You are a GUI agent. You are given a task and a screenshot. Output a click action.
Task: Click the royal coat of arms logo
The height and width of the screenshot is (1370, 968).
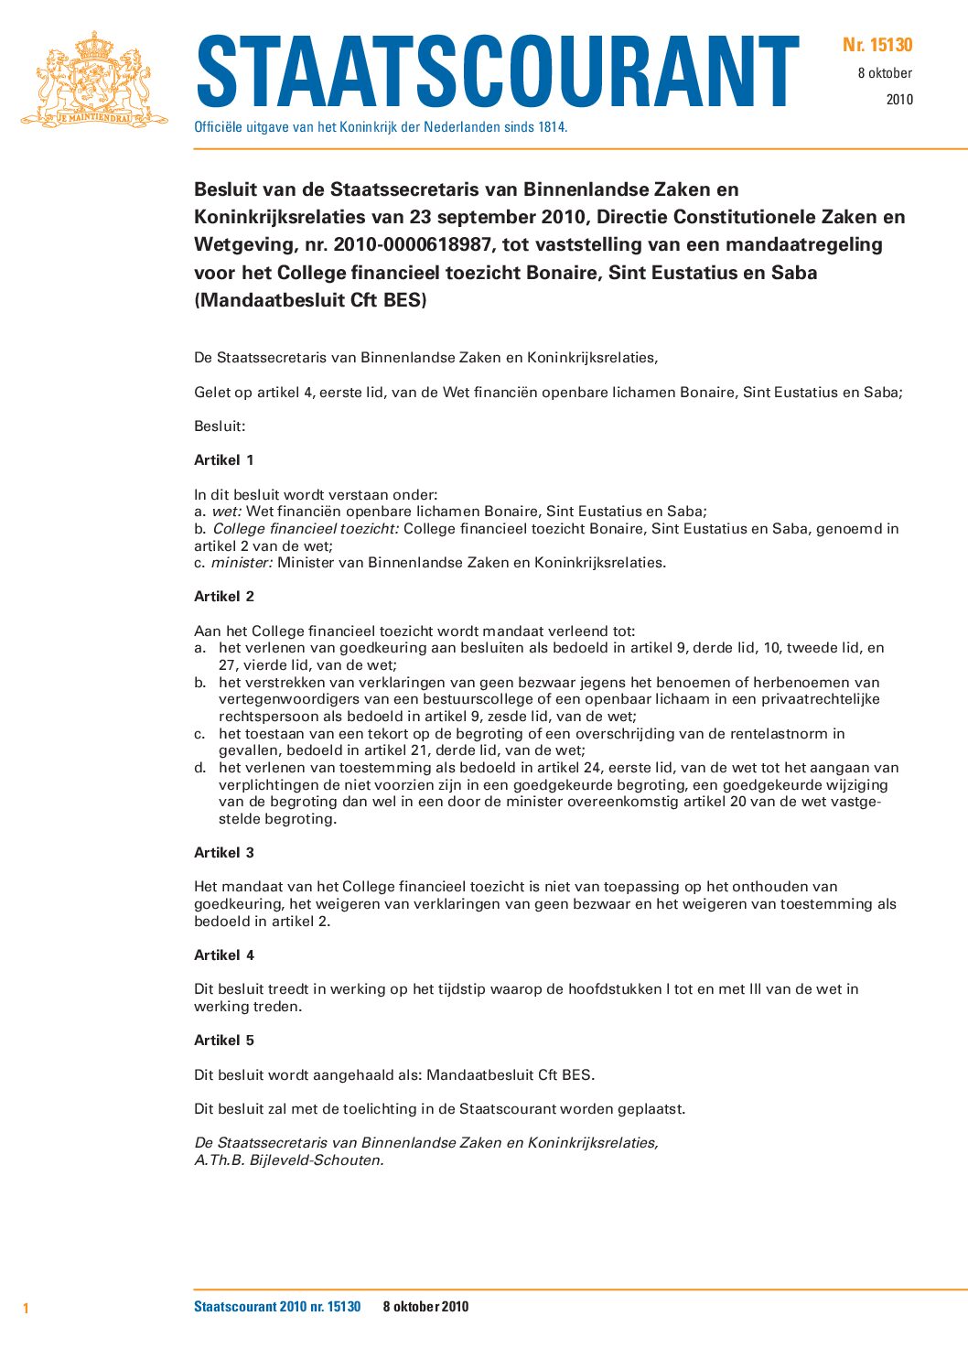coord(94,80)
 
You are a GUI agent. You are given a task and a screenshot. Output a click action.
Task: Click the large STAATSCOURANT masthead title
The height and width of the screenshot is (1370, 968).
coord(498,72)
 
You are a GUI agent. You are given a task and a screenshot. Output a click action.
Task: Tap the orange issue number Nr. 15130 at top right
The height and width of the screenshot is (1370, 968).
coord(877,45)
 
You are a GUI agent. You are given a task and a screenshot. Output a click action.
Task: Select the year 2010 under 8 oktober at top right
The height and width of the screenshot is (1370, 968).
coord(899,100)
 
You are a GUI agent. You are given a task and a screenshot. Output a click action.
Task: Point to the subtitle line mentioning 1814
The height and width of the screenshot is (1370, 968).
coord(381,127)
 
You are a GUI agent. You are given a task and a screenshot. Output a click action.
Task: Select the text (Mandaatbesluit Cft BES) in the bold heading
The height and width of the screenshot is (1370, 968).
coord(310,299)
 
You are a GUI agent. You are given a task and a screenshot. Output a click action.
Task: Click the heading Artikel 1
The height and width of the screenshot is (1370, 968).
coord(224,459)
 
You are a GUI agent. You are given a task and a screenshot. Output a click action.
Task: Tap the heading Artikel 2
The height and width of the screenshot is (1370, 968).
coord(224,596)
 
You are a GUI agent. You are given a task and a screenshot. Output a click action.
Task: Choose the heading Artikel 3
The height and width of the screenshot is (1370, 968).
coord(224,852)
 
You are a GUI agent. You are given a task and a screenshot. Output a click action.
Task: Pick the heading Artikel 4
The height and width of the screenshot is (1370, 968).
coord(224,955)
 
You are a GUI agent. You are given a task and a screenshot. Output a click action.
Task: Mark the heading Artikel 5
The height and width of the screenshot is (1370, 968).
coord(224,1040)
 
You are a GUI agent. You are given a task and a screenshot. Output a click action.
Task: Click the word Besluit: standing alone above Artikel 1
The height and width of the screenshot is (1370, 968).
coord(220,426)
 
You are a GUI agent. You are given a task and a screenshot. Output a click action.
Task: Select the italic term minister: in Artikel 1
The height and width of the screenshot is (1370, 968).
coord(242,563)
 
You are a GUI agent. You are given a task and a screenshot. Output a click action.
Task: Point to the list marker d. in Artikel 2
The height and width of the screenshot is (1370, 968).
coord(200,768)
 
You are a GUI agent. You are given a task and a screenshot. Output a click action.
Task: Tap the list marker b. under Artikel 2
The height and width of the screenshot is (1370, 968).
coord(200,682)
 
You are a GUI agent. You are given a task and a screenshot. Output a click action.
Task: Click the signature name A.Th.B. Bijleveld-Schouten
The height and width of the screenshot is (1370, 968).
coord(289,1160)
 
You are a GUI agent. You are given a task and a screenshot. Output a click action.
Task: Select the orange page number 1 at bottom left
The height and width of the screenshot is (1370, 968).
coord(26,1308)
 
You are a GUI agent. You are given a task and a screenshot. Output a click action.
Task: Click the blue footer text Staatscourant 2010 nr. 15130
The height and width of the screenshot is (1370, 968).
coord(277,1307)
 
